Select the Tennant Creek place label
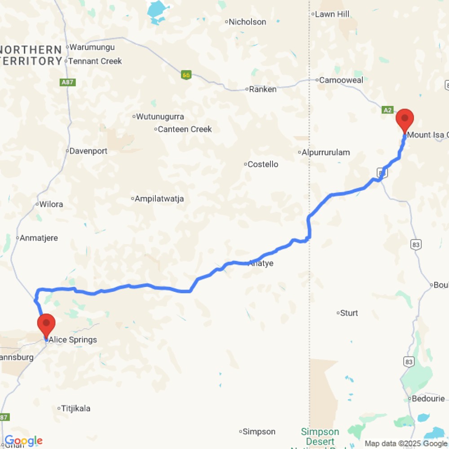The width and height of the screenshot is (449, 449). (96, 61)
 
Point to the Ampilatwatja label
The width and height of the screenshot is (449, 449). (159, 198)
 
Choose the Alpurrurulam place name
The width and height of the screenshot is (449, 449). (326, 152)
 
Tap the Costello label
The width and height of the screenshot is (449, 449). (263, 164)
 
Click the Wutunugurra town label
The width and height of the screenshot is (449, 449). (160, 117)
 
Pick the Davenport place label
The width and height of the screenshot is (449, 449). (88, 151)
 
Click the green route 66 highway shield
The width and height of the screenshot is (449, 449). (187, 75)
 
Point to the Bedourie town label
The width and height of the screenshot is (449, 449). (428, 398)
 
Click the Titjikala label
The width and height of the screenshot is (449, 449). (76, 408)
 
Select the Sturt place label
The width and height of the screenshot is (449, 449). (349, 313)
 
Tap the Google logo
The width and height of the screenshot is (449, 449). (23, 441)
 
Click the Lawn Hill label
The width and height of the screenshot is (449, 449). (332, 14)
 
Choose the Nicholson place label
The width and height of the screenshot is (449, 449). (247, 22)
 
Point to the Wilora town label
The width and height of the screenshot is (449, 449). (51, 204)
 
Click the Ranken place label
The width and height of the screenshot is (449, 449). (263, 89)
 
